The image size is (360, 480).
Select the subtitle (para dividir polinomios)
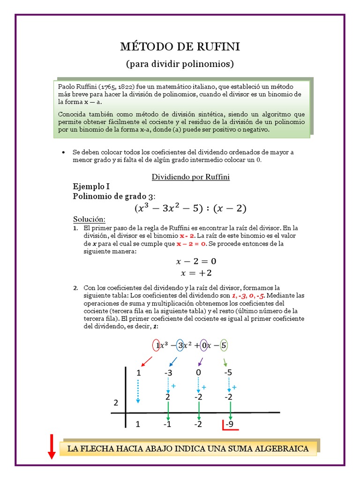pos(180,63)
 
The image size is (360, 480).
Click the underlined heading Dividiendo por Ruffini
pos(190,177)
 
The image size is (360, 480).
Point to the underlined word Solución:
pos(90,219)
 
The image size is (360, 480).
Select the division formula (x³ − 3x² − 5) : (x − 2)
pos(190,208)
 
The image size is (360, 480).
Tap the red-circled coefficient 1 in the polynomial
pos(157,345)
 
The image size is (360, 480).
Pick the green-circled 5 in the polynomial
pos(224,345)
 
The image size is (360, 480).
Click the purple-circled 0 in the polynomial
pos(203,345)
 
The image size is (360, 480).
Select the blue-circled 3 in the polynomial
pos(180,345)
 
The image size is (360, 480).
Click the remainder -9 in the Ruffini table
pos(229,425)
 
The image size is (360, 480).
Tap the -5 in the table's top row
pos(228,373)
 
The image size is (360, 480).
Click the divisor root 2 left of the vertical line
pos(116,403)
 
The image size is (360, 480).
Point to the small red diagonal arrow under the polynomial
pos(146,361)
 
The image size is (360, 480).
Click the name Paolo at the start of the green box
pos(67,87)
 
